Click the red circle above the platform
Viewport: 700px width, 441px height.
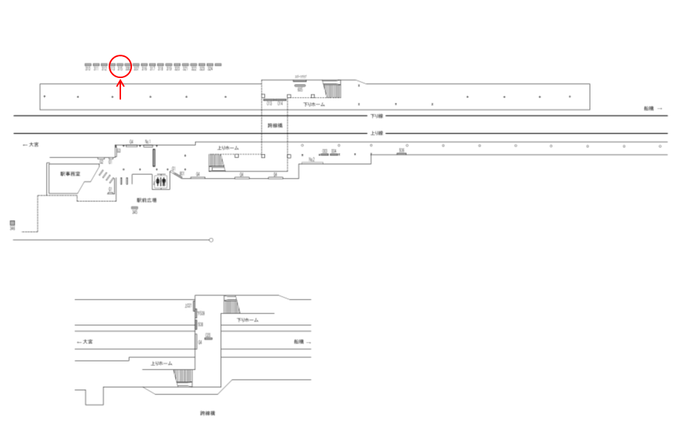[120, 66]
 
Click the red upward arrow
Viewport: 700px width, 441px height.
[120, 90]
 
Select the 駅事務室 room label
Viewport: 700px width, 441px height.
[70, 174]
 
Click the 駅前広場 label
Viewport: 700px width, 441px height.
[147, 200]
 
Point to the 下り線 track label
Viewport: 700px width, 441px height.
[376, 116]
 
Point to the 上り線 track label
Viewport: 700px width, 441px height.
[376, 133]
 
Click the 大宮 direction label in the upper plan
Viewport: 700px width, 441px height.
[31, 145]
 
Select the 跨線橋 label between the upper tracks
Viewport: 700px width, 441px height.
[275, 125]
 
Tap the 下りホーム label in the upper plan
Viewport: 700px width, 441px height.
[314, 105]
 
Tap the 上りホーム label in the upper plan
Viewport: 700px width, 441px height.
[227, 148]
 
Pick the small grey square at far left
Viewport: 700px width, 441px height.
[12, 223]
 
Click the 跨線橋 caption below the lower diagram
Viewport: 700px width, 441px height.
[208, 413]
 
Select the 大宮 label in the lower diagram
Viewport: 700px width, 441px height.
[85, 341]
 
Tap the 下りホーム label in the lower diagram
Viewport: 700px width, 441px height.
[248, 320]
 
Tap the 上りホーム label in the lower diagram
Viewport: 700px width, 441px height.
[161, 363]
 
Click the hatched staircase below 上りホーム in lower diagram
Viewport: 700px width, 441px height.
[183, 377]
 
